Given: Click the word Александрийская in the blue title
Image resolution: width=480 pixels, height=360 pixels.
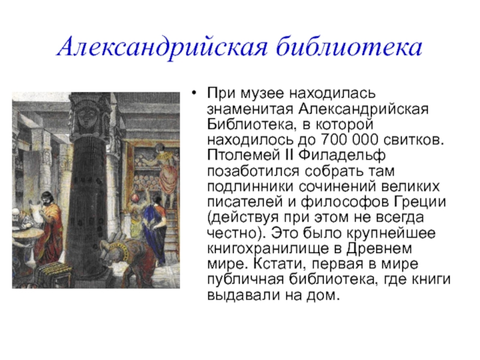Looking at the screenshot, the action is pyautogui.click(x=162, y=47).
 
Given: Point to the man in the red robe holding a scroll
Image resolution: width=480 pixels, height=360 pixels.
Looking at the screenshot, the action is pyautogui.click(x=50, y=226).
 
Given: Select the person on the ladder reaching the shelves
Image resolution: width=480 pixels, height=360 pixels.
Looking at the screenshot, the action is pyautogui.click(x=166, y=171).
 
